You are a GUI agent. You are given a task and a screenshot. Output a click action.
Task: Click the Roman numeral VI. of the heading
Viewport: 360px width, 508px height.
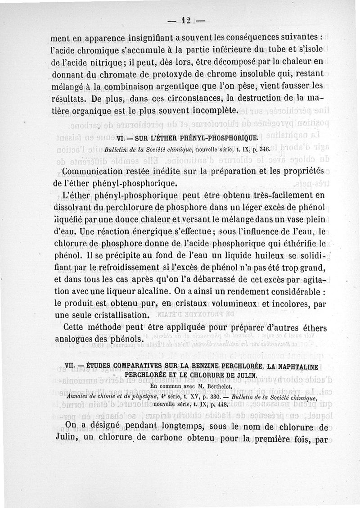[x=121, y=138]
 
